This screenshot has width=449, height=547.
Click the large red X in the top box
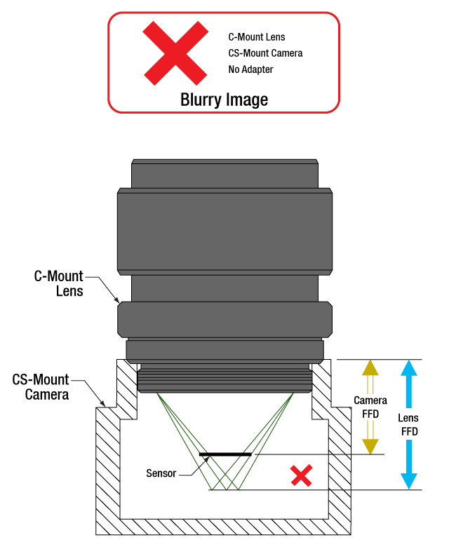point(175,52)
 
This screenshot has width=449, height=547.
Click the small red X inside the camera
point(301,478)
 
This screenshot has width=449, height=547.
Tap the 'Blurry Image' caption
point(224,100)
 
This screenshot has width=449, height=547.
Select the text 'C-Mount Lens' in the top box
point(257,36)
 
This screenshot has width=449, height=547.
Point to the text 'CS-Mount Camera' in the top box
point(265,53)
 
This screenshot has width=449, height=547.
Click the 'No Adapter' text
point(250,69)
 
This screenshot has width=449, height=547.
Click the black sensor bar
point(225,454)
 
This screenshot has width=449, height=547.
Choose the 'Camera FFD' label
point(370,407)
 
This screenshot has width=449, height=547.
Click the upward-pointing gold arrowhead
point(370,369)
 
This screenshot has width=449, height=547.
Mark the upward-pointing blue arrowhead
point(409,369)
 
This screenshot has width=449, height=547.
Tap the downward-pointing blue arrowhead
point(409,480)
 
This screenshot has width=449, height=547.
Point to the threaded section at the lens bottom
point(224,381)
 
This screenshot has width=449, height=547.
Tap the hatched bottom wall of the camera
point(224,527)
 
